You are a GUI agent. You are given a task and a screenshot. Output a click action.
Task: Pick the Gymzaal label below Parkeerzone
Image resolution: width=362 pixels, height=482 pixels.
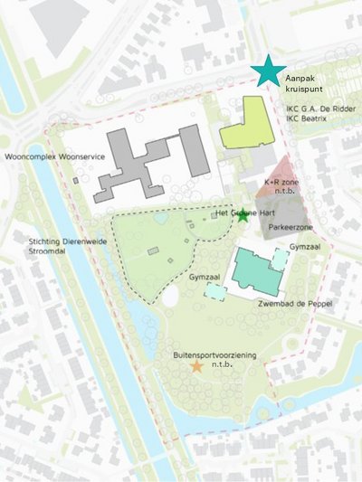[305, 245]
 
